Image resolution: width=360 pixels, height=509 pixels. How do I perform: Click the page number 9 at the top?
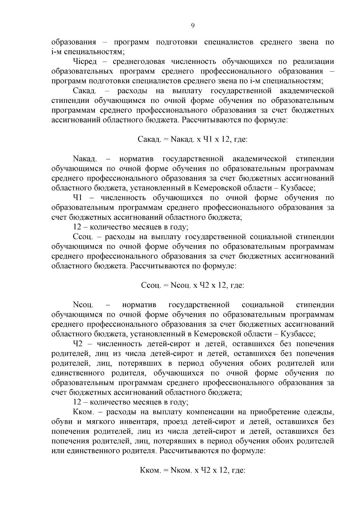(x=192, y=26)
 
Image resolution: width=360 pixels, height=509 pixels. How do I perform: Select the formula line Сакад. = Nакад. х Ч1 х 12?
(x=192, y=139)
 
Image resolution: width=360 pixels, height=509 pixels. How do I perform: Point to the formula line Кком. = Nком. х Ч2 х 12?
(x=192, y=470)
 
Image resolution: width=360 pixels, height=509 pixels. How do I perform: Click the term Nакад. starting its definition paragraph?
(x=84, y=159)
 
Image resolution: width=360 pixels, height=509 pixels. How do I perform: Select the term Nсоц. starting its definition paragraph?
(x=83, y=305)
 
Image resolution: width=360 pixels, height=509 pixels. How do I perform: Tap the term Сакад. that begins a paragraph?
(x=84, y=91)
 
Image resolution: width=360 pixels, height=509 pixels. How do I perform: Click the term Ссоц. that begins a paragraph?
(x=84, y=237)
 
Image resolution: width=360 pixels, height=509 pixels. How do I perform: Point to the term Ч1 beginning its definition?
(x=78, y=198)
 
